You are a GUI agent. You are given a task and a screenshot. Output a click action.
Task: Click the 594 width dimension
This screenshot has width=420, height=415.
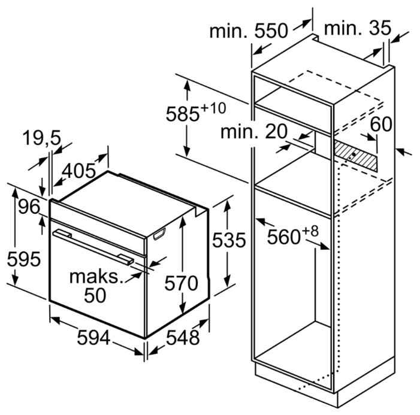93,338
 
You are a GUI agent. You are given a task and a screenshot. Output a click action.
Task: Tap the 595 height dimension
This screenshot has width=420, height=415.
24,259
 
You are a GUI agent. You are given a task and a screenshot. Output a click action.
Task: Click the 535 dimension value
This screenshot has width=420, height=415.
228,241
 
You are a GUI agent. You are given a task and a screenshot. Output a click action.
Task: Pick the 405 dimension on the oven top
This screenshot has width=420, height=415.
79,172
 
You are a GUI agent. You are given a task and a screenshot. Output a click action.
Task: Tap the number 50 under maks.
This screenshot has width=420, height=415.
94,295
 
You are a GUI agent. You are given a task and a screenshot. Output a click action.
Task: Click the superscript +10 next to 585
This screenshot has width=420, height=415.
213,108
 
